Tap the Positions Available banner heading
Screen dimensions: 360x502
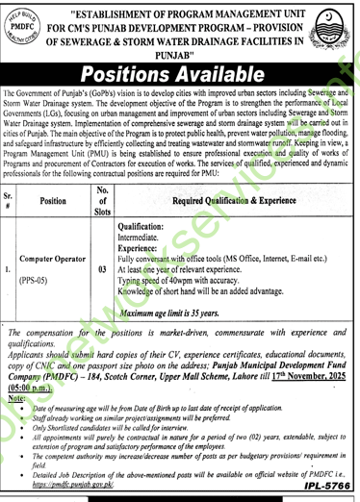(180, 76)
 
